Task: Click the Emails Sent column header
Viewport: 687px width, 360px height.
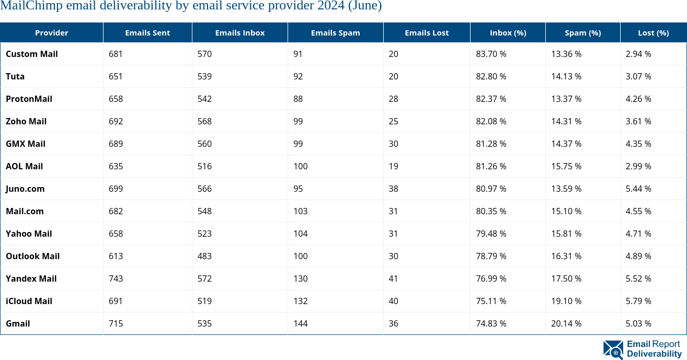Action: pos(147,33)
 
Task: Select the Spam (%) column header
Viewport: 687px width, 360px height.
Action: pos(582,33)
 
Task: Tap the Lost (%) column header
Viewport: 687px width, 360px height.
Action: pos(653,33)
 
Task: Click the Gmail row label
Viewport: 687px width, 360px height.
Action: pos(18,323)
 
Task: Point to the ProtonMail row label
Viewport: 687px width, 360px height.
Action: pos(29,99)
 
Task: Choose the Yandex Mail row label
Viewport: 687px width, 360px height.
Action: pos(31,278)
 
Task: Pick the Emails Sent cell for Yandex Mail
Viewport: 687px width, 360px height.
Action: pos(116,278)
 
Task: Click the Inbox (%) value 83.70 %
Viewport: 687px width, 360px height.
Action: pos(491,54)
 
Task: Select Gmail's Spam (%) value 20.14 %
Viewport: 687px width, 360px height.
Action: pos(566,323)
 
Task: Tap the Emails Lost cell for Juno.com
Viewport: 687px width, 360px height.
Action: pos(393,189)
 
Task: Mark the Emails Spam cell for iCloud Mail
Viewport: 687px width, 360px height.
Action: pos(300,301)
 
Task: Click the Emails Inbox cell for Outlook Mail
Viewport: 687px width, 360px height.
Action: pos(204,256)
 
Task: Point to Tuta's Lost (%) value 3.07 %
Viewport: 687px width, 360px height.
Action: pos(638,76)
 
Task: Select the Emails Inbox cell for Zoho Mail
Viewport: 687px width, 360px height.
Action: pos(204,121)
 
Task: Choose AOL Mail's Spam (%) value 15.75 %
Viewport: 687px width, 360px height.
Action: pos(566,166)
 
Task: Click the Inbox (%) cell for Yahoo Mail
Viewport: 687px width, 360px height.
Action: pos(491,234)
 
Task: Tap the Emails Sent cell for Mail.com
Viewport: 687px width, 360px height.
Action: pos(116,211)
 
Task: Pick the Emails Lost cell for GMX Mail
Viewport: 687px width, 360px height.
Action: pos(393,144)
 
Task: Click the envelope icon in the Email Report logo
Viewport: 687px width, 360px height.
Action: pos(613,350)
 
